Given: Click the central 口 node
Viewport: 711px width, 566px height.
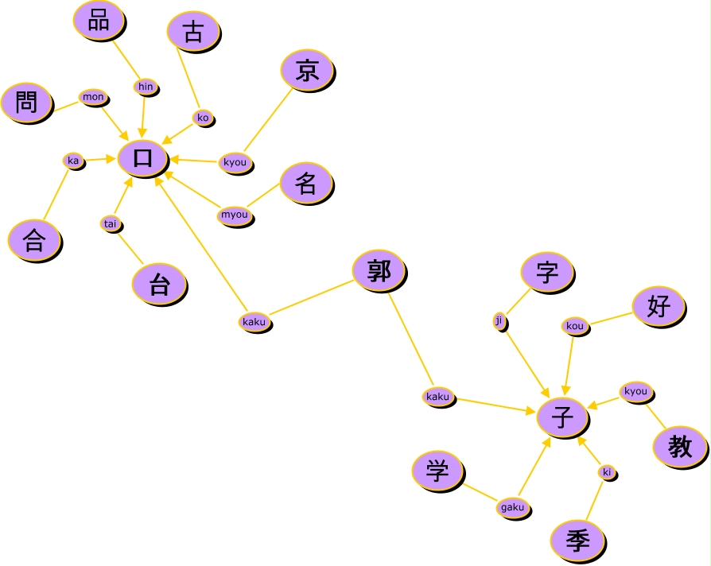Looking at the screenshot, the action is (143, 157).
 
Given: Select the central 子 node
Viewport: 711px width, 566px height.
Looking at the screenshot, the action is (562, 416).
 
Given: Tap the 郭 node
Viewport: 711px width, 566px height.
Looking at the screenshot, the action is (379, 271).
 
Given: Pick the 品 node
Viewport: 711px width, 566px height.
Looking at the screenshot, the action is (99, 20).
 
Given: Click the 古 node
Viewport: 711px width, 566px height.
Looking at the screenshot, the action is (192, 32).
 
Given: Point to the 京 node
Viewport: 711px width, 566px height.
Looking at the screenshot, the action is (307, 70).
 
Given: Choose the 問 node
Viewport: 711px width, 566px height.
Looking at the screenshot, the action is (26, 103).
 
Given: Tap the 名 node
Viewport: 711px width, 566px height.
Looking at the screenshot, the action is (306, 184).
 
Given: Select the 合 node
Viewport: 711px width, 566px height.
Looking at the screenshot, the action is (33, 239).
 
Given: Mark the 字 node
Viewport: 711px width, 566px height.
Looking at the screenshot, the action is (546, 273).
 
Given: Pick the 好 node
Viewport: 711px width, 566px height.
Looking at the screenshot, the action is (659, 306).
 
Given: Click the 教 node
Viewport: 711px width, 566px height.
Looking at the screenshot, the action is (680, 447).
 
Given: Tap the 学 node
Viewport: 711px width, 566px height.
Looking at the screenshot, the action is (437, 470).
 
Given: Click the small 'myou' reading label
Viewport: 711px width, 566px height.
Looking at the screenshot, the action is (235, 215).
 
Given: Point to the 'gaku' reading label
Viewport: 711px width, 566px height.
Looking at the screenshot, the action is (513, 507).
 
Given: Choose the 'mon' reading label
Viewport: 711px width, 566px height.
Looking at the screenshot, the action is (93, 97).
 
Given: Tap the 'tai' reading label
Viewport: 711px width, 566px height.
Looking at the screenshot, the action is (111, 223).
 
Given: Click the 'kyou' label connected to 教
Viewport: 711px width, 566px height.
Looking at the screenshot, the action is (635, 391).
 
